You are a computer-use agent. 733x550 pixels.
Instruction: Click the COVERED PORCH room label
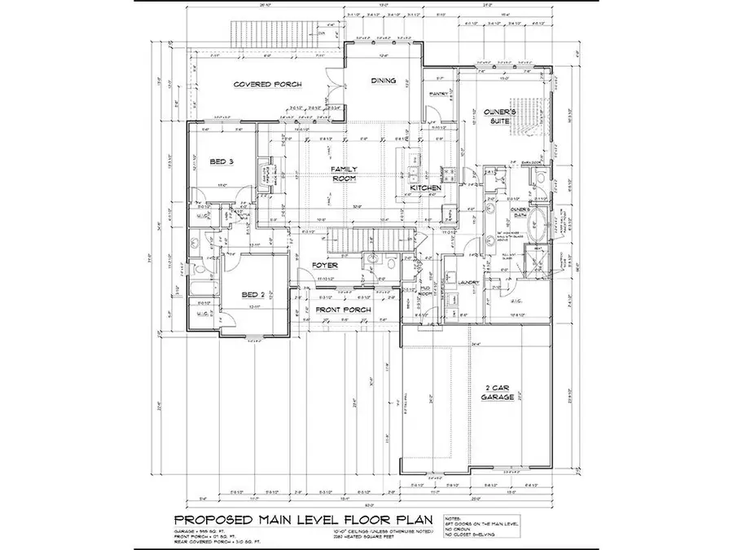click(268, 84)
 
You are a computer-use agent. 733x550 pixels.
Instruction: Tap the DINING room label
click(383, 81)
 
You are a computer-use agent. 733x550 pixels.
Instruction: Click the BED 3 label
click(222, 162)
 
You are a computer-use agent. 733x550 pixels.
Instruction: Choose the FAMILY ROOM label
click(345, 173)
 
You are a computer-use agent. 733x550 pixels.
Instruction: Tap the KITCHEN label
click(425, 188)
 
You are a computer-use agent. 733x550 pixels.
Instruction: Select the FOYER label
click(325, 265)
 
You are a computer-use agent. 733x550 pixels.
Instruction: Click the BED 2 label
click(252, 294)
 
